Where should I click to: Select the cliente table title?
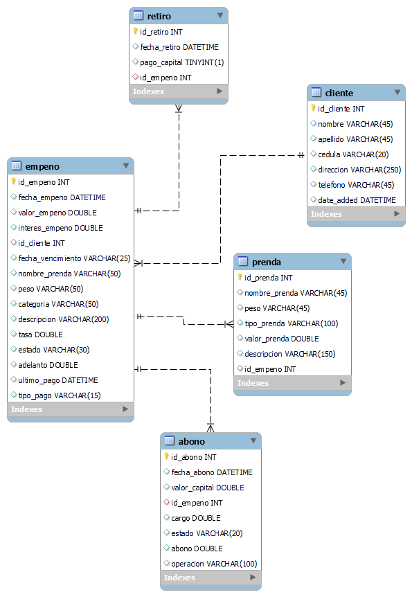[x=339, y=93]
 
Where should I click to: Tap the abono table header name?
[x=191, y=441]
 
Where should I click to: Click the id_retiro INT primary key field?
[x=160, y=32]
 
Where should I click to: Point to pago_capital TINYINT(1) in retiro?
[x=181, y=62]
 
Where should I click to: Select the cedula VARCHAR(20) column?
[x=353, y=154]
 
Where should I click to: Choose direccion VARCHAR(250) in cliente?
[x=359, y=170]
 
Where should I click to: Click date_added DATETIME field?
[x=357, y=200]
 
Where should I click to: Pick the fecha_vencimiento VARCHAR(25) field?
[x=74, y=258]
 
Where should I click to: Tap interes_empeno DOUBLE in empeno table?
[x=60, y=228]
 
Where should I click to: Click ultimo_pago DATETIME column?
[x=58, y=380]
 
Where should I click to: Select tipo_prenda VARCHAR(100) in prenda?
[x=291, y=323]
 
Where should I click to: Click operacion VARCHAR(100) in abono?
[x=214, y=564]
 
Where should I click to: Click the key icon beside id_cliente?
[x=313, y=109]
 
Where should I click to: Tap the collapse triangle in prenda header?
[x=343, y=261]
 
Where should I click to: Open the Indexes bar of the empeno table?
[x=70, y=409]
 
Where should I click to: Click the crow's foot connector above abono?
[x=211, y=426]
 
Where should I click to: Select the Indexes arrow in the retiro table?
[x=220, y=91]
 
